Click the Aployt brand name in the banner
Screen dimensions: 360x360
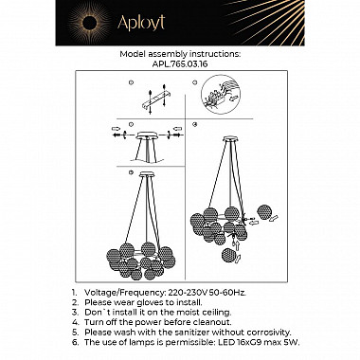[141, 23]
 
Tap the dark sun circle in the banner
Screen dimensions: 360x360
[89, 23]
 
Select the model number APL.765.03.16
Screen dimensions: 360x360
[180, 63]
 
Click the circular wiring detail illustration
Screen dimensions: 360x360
[221, 94]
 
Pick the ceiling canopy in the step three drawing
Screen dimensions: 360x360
[148, 136]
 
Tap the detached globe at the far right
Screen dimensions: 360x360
[264, 212]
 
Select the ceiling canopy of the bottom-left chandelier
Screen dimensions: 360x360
[146, 174]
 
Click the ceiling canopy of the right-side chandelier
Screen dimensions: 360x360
[231, 138]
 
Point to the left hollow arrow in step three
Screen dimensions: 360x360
[116, 129]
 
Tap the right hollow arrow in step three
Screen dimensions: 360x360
[177, 128]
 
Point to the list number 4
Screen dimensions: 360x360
[75, 322]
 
